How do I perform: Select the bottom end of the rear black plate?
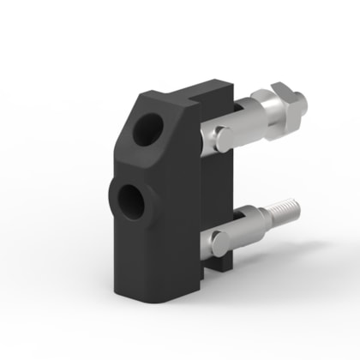(x=221, y=266)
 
